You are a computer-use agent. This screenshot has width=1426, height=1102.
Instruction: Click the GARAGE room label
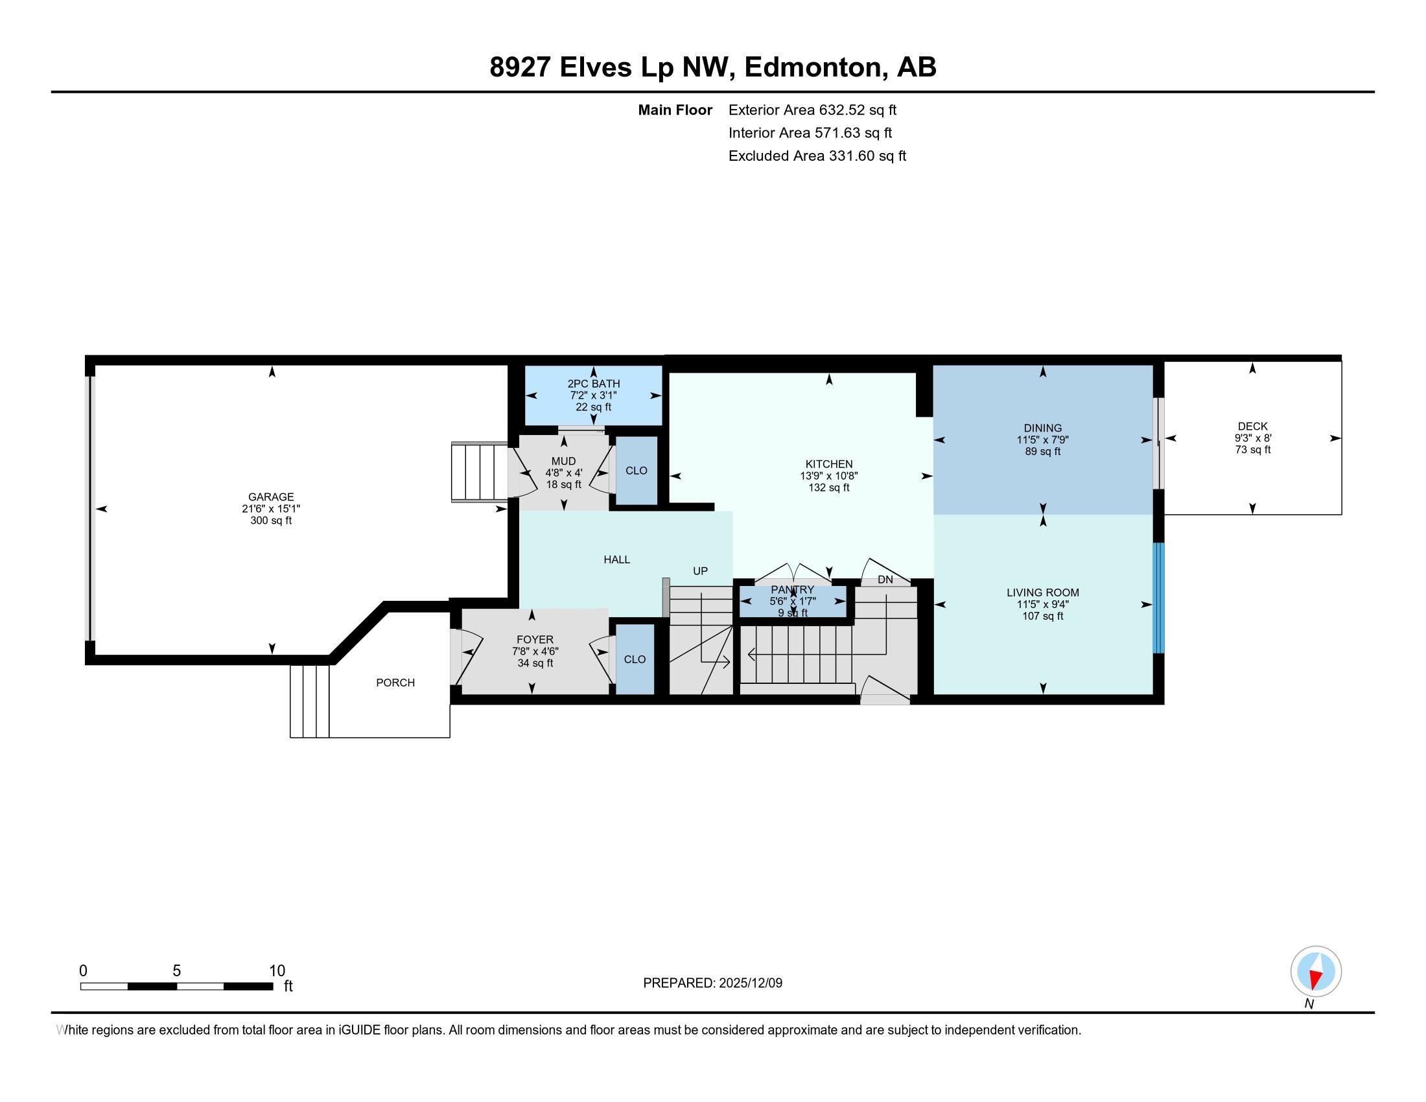tap(271, 497)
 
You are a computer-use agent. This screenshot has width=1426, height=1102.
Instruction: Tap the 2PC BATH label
tap(594, 384)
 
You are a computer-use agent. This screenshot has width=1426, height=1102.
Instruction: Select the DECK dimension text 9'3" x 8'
tap(1252, 439)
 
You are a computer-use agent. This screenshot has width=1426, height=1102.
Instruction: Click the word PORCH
tap(395, 683)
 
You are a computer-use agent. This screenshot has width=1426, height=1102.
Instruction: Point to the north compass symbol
tap(1316, 972)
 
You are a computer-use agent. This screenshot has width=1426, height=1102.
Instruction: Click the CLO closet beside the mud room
tap(636, 471)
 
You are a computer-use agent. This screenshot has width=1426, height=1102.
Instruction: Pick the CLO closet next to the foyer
tap(635, 659)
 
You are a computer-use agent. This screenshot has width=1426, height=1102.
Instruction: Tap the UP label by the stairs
tap(700, 571)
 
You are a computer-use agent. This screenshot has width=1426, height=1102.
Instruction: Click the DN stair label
tap(885, 580)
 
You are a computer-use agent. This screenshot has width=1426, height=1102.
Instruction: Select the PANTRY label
tap(792, 589)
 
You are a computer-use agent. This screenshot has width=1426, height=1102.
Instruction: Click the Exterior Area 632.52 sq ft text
tap(812, 110)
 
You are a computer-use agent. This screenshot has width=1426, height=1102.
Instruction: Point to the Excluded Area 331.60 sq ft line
tap(817, 156)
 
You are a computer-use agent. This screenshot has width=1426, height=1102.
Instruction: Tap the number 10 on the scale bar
tap(277, 971)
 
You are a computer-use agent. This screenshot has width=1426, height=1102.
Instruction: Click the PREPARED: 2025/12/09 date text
tap(712, 983)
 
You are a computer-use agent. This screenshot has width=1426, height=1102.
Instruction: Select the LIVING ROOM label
tap(1042, 592)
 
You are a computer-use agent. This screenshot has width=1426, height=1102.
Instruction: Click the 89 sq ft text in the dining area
tap(1042, 452)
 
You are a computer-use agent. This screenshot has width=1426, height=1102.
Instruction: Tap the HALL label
tap(616, 559)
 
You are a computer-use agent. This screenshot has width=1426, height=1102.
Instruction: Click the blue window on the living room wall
tap(1158, 598)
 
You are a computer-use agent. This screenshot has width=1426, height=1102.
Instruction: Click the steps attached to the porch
tap(309, 701)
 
